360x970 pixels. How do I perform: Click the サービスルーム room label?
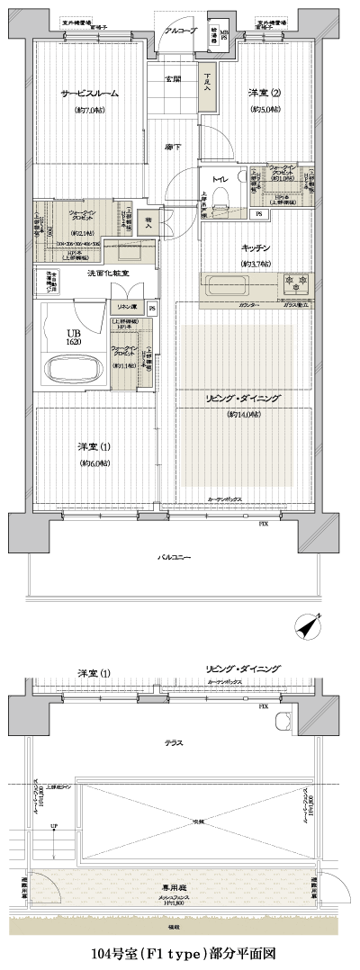tap(90, 94)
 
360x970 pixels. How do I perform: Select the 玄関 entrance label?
tap(174, 78)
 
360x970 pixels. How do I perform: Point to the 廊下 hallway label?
tap(174, 146)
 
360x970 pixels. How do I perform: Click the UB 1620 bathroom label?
tap(73, 337)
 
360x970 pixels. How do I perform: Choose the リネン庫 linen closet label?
tap(122, 309)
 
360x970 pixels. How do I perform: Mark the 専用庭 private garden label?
tap(174, 885)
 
